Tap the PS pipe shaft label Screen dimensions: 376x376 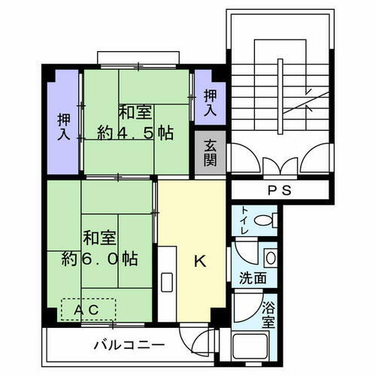coord(278,190)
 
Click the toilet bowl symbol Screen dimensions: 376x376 coord(265,222)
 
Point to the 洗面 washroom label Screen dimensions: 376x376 coord(253,277)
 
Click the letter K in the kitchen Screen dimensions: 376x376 coord(200,262)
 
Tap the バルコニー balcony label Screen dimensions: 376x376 coord(129,347)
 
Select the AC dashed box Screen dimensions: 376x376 coord(89,310)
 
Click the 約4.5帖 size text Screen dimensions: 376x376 coord(136,133)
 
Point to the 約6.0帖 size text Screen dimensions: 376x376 coord(100,259)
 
